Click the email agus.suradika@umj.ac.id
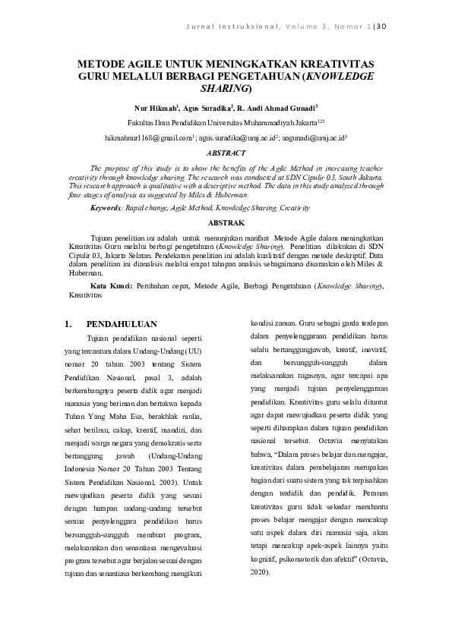[x=237, y=138]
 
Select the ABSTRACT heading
[x=226, y=153]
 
